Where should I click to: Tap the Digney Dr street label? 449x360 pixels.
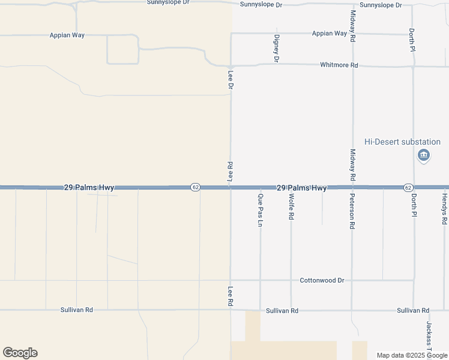[x=277, y=49]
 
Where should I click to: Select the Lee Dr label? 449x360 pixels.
[x=231, y=80]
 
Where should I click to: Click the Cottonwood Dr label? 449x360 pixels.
[x=322, y=280]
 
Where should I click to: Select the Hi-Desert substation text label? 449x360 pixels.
[x=403, y=142]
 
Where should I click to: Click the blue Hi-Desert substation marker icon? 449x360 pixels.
[x=424, y=156]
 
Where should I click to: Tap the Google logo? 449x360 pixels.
[x=20, y=353]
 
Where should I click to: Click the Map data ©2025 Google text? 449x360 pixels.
[x=412, y=355]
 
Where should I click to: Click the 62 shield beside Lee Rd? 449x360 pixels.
[x=196, y=187]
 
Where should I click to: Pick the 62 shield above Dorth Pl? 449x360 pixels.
[x=408, y=187]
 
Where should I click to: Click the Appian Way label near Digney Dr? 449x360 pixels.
[x=329, y=34]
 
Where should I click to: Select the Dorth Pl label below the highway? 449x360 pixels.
[x=413, y=205]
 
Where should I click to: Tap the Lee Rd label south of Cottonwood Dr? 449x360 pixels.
[x=230, y=296]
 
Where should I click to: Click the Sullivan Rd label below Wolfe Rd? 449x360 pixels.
[x=282, y=311]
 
